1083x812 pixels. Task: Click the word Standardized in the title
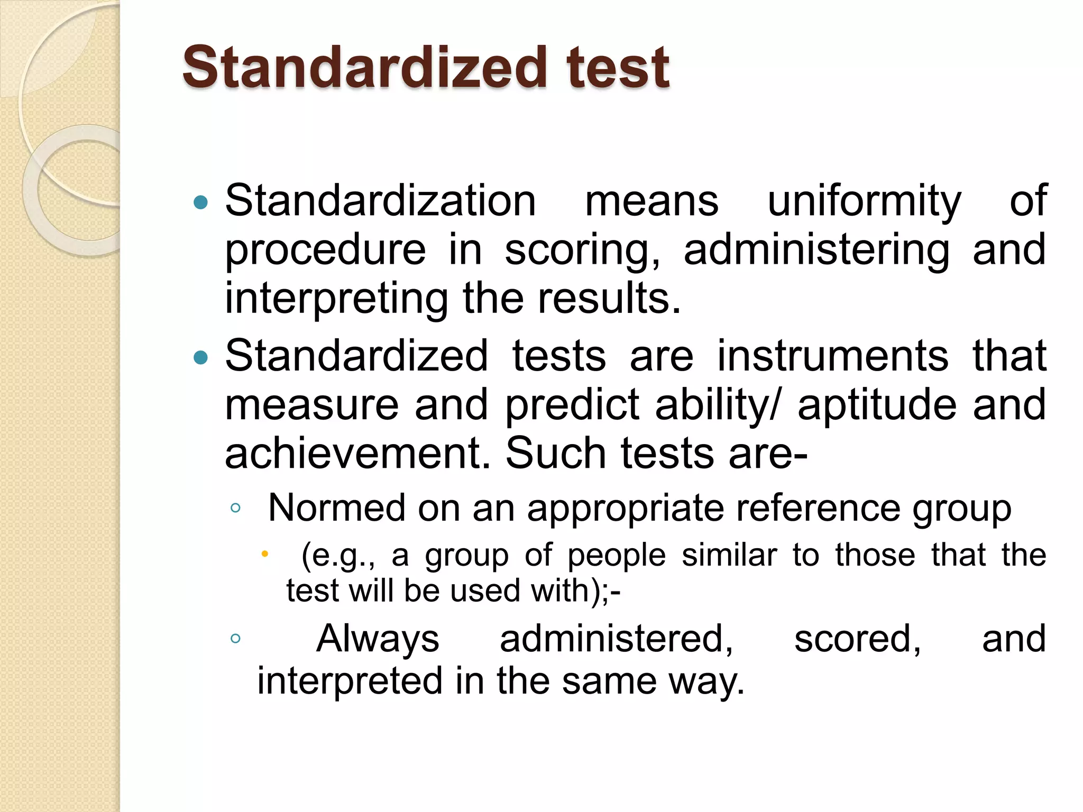[365, 68]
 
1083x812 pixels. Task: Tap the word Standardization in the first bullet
[381, 201]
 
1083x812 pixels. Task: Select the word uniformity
[864, 202]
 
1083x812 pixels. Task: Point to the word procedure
[325, 250]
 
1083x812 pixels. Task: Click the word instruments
[833, 355]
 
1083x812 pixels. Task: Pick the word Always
[378, 639]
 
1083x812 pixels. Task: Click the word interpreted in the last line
[350, 681]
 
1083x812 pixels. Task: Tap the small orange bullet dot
[265, 554]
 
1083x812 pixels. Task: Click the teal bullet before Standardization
[201, 202]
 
